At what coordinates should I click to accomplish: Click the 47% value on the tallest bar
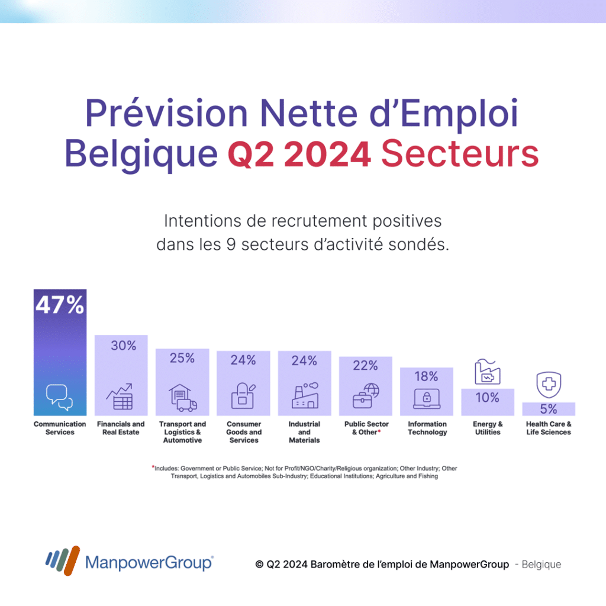click(x=60, y=305)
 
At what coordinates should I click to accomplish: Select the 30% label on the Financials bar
click(x=124, y=346)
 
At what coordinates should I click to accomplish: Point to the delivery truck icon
click(x=186, y=405)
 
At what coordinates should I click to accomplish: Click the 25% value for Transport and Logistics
click(x=182, y=358)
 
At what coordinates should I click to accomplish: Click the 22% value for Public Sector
click(x=365, y=366)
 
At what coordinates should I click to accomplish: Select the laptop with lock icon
click(x=426, y=398)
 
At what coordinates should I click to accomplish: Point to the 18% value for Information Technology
click(x=426, y=376)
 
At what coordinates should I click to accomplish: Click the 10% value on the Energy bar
click(x=488, y=398)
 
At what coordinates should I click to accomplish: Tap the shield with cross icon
click(x=549, y=385)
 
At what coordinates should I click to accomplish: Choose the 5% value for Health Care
click(x=549, y=409)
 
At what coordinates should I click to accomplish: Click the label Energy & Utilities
click(x=488, y=428)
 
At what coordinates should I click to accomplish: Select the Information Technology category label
click(x=427, y=428)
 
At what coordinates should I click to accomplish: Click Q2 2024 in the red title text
click(x=299, y=153)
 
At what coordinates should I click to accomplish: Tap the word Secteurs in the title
click(x=460, y=153)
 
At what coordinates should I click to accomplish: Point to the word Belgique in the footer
click(x=541, y=565)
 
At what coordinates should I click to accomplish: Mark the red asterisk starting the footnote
click(x=153, y=467)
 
